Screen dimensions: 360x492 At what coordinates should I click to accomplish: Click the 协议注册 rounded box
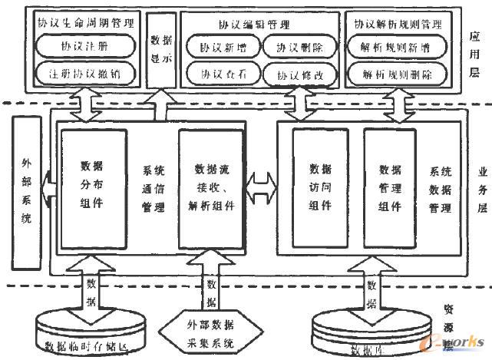85,45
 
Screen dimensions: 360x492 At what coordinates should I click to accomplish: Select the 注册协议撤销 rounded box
85,74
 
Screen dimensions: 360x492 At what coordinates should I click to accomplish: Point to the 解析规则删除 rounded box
396,75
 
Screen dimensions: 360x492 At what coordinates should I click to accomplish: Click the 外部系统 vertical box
26,192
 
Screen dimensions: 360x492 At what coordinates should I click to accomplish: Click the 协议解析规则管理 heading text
398,23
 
